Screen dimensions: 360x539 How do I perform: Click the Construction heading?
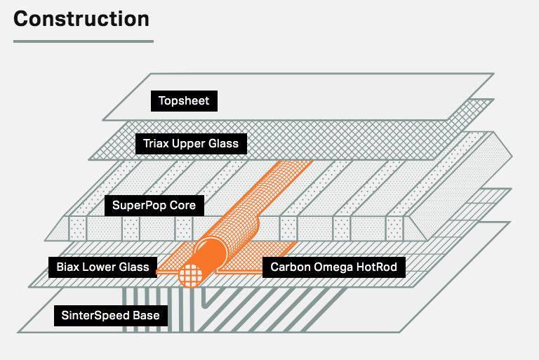click(x=81, y=18)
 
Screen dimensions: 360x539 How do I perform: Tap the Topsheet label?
click(x=184, y=101)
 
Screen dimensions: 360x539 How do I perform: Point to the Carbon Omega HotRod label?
click(x=333, y=267)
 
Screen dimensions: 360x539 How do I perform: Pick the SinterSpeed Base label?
click(x=109, y=316)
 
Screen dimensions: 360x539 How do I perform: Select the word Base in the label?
click(x=147, y=316)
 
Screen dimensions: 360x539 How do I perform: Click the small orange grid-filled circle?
click(x=190, y=276)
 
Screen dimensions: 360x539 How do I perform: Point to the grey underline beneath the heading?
click(x=83, y=41)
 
